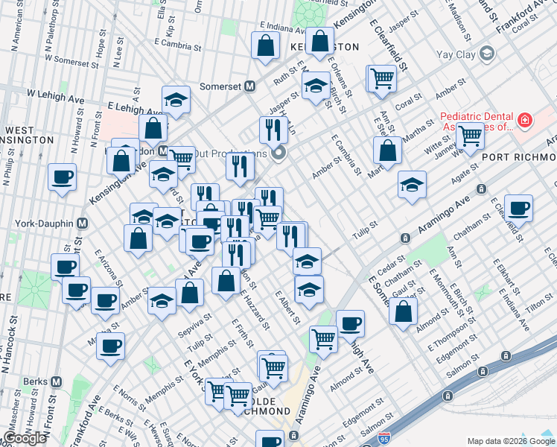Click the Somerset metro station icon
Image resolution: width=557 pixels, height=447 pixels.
(250, 86)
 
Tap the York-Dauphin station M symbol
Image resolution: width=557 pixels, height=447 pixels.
(83, 223)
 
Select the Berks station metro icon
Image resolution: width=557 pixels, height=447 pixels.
(55, 381)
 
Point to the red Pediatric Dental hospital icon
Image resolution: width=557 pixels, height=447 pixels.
(524, 120)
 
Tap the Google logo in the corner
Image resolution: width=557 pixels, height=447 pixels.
(25, 438)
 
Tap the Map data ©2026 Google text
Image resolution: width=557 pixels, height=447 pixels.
(510, 440)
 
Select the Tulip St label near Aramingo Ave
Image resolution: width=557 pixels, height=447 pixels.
(362, 233)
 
